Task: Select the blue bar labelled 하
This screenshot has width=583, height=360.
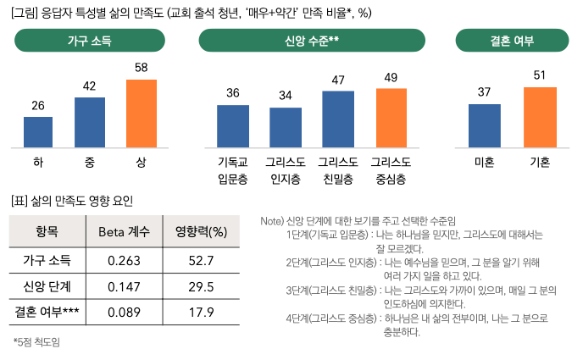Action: coord(38,131)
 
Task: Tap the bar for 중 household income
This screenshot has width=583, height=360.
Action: coord(90,122)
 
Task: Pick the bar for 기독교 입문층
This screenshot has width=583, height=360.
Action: coord(233,125)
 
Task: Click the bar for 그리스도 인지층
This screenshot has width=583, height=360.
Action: coord(286,127)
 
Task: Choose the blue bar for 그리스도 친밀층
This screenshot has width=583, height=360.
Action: coord(338,118)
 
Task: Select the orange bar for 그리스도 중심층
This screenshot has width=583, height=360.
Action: coord(391,117)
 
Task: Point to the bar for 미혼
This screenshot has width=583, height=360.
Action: coord(485,125)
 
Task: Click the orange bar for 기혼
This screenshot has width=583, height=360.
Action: coord(539,116)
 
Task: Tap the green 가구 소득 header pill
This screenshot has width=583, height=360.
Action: coord(89,41)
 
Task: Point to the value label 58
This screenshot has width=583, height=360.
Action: coord(142,67)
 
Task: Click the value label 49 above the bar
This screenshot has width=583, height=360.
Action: coord(391,78)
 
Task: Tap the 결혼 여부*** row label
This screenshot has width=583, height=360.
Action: coord(47,313)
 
